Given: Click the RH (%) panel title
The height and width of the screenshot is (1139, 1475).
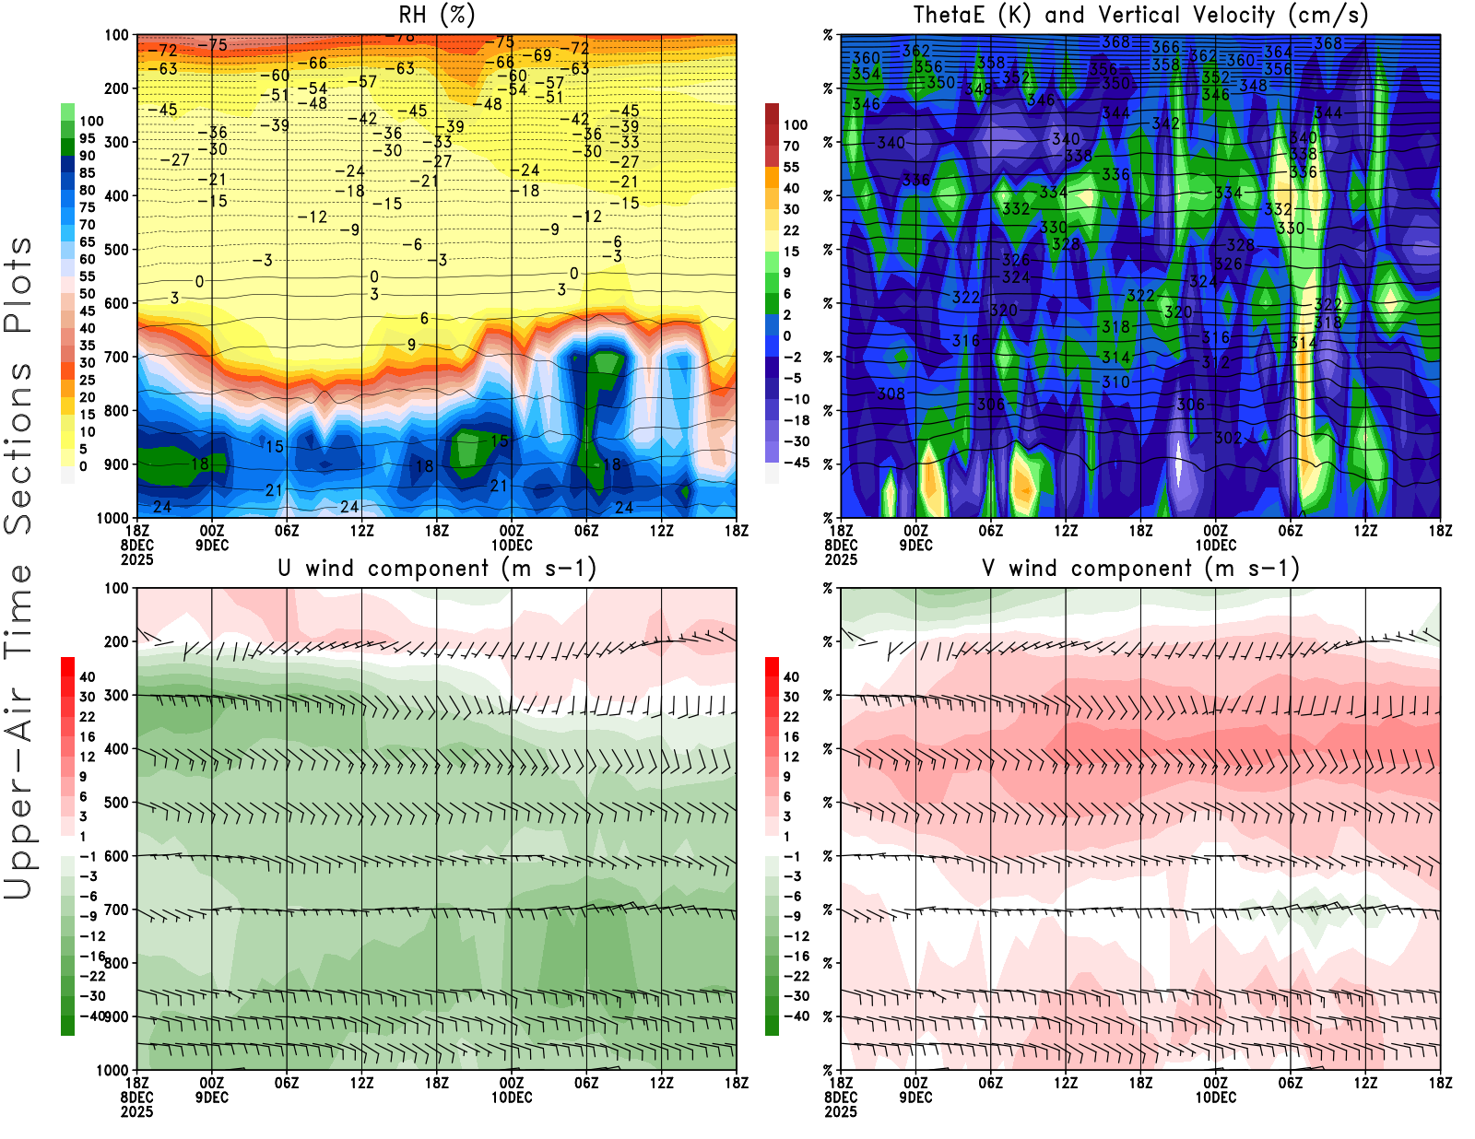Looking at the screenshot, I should [436, 16].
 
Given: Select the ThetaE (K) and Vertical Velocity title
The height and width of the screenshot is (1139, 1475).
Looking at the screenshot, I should [1140, 16].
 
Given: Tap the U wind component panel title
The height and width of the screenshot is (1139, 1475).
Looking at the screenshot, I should [437, 569].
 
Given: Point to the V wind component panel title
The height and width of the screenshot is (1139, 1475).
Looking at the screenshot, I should [1140, 569].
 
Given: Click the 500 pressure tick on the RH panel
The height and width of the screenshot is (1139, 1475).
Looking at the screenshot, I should [117, 250].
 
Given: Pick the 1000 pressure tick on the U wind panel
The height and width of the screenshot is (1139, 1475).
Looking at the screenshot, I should [113, 1071].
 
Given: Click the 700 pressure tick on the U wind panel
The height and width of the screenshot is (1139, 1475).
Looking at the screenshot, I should [117, 910].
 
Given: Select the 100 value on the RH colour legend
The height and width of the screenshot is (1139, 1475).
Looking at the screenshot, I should [91, 122].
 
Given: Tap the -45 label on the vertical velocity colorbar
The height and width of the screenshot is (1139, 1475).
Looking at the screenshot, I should [796, 463].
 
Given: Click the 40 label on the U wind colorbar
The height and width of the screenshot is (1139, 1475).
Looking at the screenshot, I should [88, 677].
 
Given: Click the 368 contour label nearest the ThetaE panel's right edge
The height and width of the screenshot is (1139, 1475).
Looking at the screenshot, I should [1328, 43].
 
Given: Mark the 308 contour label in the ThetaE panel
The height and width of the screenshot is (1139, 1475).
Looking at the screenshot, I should [891, 394].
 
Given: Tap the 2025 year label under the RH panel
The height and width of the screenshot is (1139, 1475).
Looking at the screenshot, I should [137, 559].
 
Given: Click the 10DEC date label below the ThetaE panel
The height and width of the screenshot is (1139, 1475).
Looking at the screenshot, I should [1216, 545].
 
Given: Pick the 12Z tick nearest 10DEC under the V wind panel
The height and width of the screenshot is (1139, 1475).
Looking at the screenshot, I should [1365, 1083].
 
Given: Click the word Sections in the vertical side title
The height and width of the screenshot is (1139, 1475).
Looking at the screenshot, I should [18, 447].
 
